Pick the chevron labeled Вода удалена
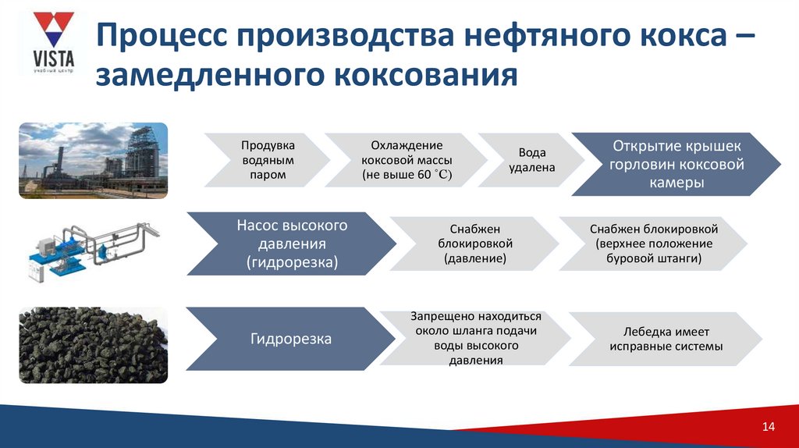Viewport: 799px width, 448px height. [x=531, y=160]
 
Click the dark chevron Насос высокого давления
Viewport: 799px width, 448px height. [x=292, y=244]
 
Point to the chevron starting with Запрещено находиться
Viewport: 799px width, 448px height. [x=475, y=339]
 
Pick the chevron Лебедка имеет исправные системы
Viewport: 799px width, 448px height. [x=666, y=339]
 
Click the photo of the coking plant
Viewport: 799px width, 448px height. [x=93, y=160]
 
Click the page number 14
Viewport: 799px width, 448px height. [x=768, y=426]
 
